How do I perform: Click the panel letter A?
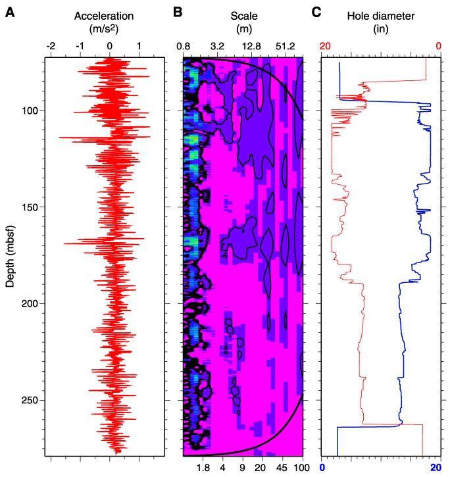(x=10, y=13)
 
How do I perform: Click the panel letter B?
(x=178, y=13)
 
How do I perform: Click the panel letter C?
(x=316, y=13)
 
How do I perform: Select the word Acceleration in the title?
(x=104, y=16)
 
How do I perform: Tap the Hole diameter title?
(x=381, y=16)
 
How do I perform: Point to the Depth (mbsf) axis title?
(x=10, y=257)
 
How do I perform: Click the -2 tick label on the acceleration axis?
(x=51, y=46)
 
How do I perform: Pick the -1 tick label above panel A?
(x=80, y=46)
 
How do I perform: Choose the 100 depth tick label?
(x=30, y=111)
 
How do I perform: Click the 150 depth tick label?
(x=30, y=207)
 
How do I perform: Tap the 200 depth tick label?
(x=30, y=303)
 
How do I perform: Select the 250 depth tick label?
(x=30, y=400)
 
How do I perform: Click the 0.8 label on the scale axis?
(x=183, y=46)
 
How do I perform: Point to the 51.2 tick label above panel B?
(x=286, y=46)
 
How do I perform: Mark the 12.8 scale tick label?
(x=251, y=46)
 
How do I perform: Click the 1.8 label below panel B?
(x=203, y=468)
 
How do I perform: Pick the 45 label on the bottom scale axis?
(x=282, y=468)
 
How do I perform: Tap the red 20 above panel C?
(x=325, y=46)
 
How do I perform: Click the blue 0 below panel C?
(x=322, y=468)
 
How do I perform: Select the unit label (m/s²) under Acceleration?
(x=104, y=29)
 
